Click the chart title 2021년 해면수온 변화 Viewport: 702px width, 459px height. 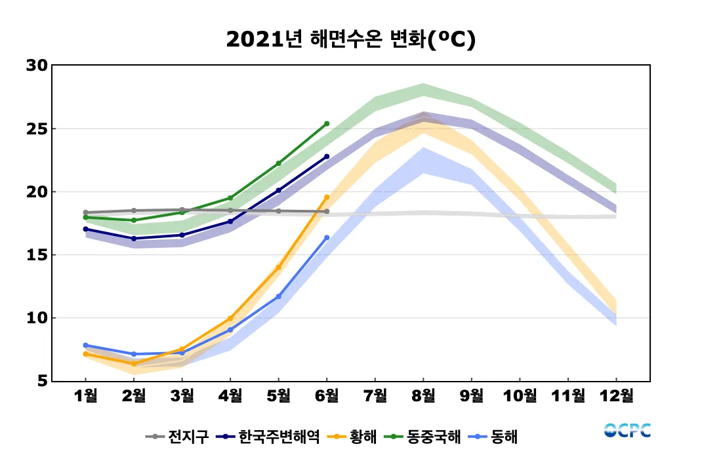pyautogui.click(x=350, y=39)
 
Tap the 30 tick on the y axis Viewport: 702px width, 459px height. pyautogui.click(x=37, y=66)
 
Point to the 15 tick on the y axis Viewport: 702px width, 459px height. pyautogui.click(x=37, y=255)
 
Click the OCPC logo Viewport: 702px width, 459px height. pyautogui.click(x=627, y=431)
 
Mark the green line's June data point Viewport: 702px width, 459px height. pyautogui.click(x=327, y=123)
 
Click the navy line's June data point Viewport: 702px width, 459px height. pyautogui.click(x=327, y=157)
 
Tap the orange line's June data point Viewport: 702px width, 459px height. pyautogui.click(x=327, y=197)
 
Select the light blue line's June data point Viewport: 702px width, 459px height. pyautogui.click(x=327, y=238)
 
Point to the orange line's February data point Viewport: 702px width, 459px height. pyautogui.click(x=134, y=364)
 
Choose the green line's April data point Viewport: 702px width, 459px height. pyautogui.click(x=230, y=198)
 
